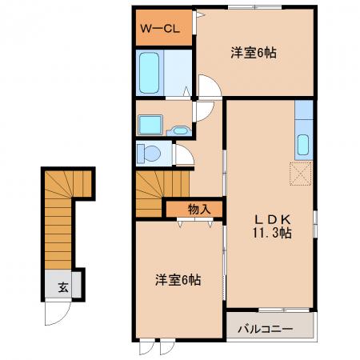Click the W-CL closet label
[x=160, y=29]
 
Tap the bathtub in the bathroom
[x=149, y=73]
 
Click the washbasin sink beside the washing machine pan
[x=179, y=130]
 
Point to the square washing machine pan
[x=150, y=125]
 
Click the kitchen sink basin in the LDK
[x=303, y=145]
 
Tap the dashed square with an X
[x=301, y=174]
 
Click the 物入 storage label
[x=199, y=210]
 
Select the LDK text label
[x=272, y=220]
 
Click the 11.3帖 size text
[x=272, y=233]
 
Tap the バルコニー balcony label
[x=266, y=329]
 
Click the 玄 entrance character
[x=63, y=287]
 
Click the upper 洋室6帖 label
[x=254, y=53]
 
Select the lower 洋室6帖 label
[x=178, y=280]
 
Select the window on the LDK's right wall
[x=315, y=224]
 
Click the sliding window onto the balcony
[x=284, y=310]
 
